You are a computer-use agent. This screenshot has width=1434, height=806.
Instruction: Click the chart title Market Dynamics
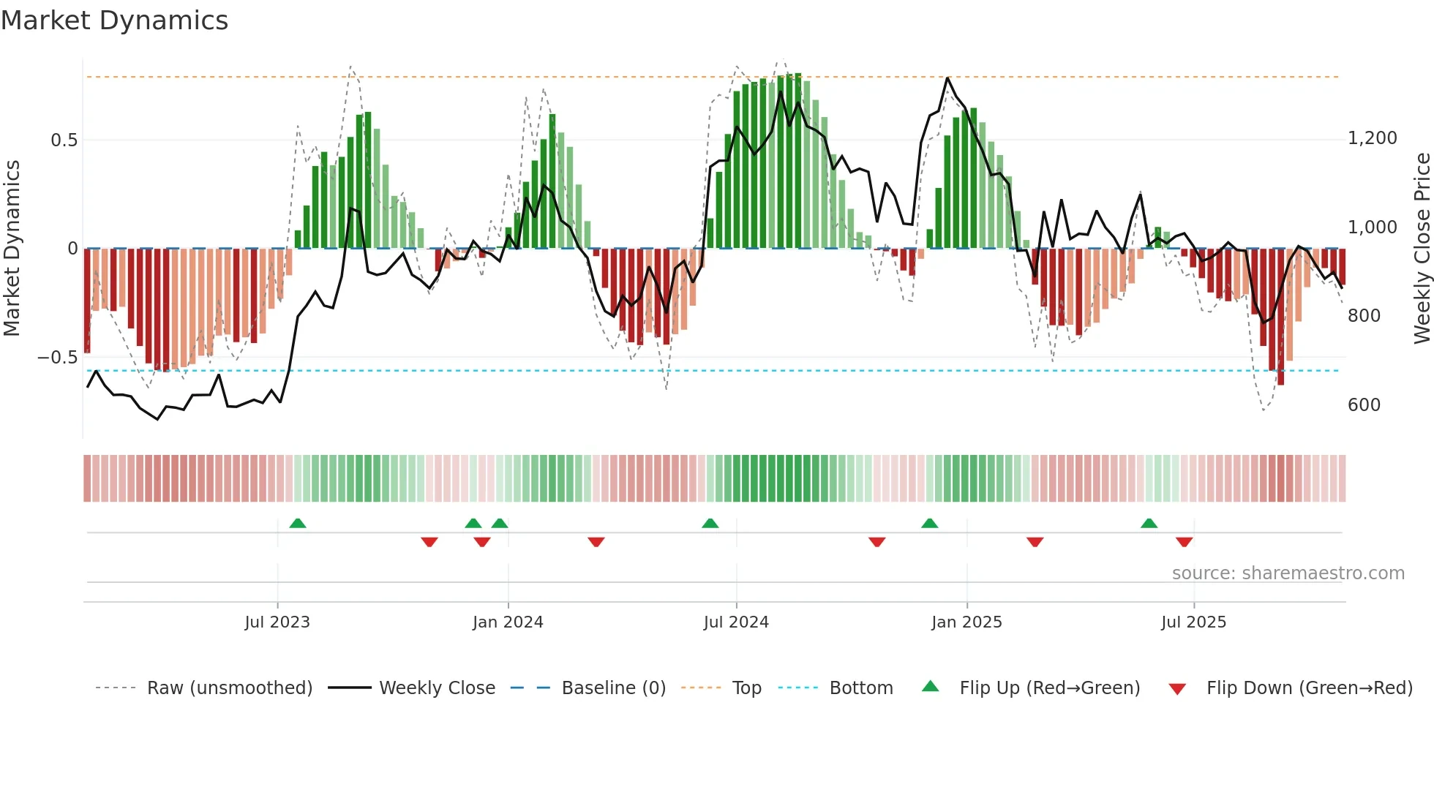(x=114, y=20)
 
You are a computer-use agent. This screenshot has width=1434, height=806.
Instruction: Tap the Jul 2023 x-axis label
(x=277, y=622)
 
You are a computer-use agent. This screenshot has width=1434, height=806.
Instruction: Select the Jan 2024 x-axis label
(x=508, y=622)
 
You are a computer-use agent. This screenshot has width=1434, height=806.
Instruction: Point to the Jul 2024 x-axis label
(x=736, y=622)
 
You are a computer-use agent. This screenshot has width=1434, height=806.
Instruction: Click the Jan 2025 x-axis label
(x=966, y=622)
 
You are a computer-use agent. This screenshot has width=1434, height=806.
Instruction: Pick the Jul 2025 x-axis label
(x=1193, y=622)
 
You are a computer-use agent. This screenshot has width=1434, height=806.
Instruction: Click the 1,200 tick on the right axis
(x=1372, y=138)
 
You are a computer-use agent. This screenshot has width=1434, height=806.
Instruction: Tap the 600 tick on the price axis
(x=1364, y=405)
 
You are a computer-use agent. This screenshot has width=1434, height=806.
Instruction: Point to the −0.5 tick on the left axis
(x=58, y=358)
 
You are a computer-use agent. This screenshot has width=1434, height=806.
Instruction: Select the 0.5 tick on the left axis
(x=64, y=140)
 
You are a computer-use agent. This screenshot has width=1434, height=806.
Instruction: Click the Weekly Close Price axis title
(x=1422, y=249)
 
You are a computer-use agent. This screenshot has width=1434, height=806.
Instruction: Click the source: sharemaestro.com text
(x=1288, y=573)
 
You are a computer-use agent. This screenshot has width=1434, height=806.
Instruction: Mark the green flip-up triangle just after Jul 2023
(x=298, y=524)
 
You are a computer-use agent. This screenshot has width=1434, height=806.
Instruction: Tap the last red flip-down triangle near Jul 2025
(x=1185, y=542)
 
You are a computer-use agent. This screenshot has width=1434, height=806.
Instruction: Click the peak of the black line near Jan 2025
(x=947, y=78)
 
